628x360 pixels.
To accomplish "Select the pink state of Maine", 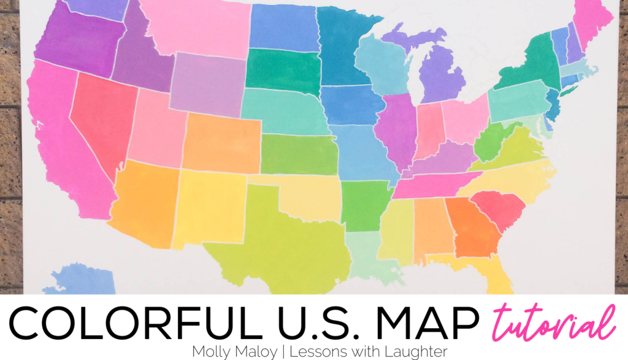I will (x=592, y=21).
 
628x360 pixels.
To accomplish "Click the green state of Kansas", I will (x=299, y=155).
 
